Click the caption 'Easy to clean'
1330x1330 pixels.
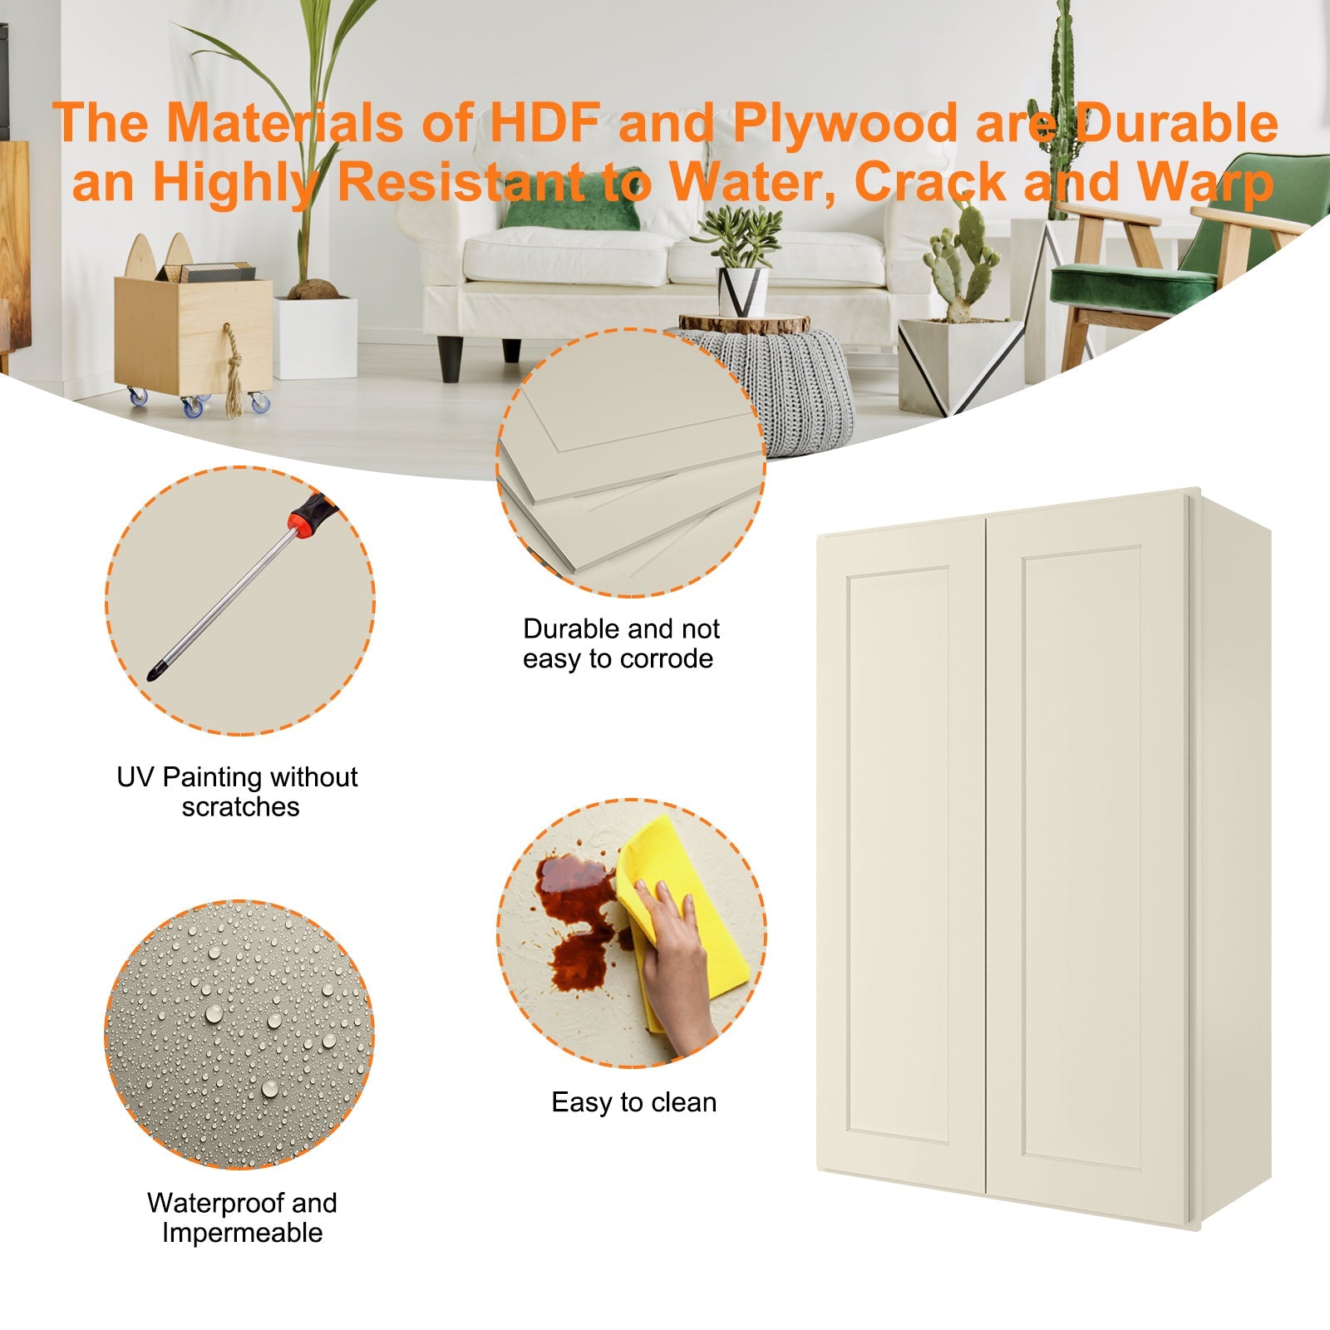[633, 1102]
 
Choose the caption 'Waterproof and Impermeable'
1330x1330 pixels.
[242, 1218]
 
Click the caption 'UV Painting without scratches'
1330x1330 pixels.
[238, 791]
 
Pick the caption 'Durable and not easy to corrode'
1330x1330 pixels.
[621, 643]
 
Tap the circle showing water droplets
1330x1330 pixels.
[239, 1034]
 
